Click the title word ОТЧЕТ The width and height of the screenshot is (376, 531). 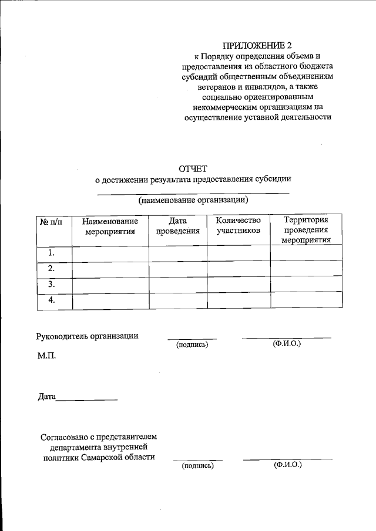[193, 168]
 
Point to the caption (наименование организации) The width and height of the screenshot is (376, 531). [193, 200]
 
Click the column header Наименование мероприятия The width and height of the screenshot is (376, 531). [110, 226]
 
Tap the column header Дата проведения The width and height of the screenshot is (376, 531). [177, 226]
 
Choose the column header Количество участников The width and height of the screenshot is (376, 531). [238, 226]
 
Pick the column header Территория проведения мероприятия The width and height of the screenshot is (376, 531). [305, 229]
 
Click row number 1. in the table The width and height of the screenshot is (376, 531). [52, 253]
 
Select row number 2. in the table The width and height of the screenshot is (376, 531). [52, 268]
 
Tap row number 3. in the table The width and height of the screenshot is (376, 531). [52, 284]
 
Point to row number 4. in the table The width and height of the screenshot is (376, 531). [52, 300]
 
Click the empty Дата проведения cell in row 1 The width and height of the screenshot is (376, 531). [177, 253]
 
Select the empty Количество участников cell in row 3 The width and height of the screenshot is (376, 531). [238, 284]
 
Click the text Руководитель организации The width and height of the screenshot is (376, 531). [88, 336]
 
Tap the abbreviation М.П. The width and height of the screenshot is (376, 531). [47, 356]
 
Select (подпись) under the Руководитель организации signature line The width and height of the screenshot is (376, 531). [192, 344]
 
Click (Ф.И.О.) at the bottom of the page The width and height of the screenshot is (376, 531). [287, 465]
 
